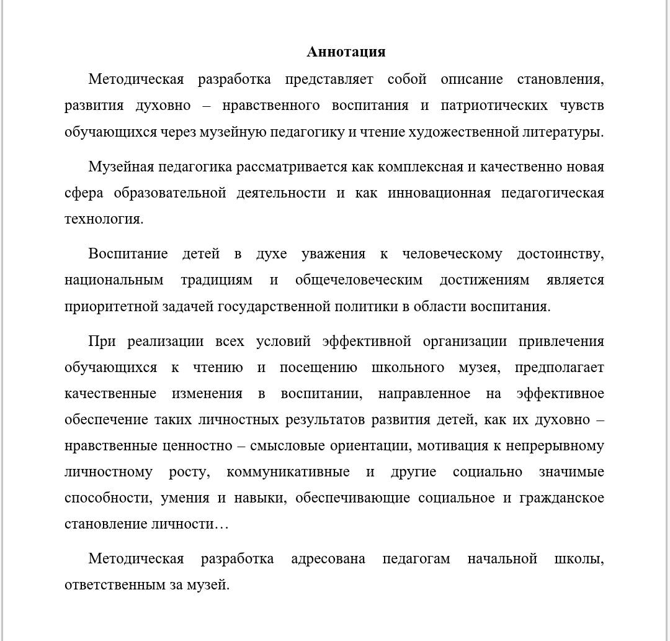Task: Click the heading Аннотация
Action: pyautogui.click(x=346, y=52)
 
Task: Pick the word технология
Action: pyautogui.click(x=104, y=219)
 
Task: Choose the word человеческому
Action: pyautogui.click(x=452, y=254)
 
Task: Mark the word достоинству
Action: pyautogui.click(x=560, y=254)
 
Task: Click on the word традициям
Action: pyautogui.click(x=217, y=280)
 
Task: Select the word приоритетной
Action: pyautogui.click(x=107, y=306)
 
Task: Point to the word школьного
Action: pyautogui.click(x=408, y=368)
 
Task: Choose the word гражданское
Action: pyautogui.click(x=566, y=498)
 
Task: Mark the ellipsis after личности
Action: pyautogui.click(x=221, y=524)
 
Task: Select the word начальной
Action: pyautogui.click(x=502, y=559)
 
